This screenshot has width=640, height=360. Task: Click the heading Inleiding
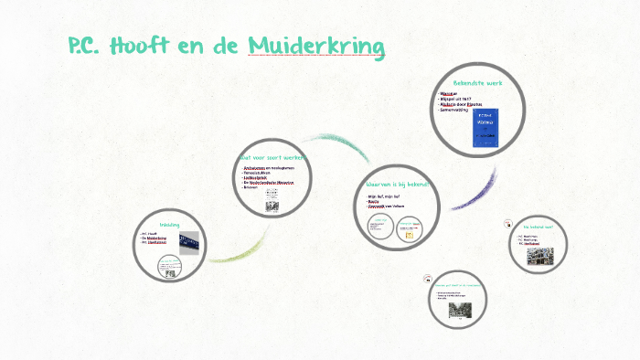pyautogui.click(x=170, y=224)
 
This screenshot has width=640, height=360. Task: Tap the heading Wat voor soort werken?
pyautogui.click(x=273, y=157)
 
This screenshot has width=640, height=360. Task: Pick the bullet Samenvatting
pyautogui.click(x=459, y=111)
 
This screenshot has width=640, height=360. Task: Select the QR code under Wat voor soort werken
pyautogui.click(x=272, y=206)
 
